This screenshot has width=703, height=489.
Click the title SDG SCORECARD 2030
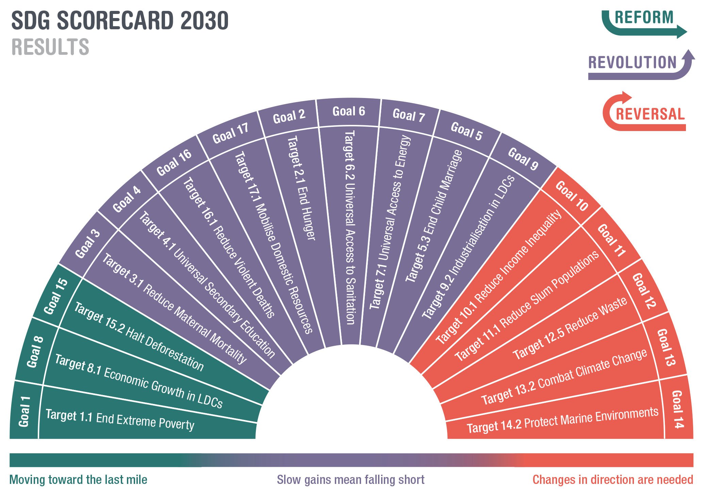pyautogui.click(x=120, y=20)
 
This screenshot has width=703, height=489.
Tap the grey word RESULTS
pyautogui.click(x=50, y=47)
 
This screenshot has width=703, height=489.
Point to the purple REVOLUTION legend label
pyautogui.click(x=632, y=63)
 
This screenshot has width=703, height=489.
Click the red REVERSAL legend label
pyautogui.click(x=650, y=114)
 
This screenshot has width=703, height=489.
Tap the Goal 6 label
pyautogui.click(x=349, y=111)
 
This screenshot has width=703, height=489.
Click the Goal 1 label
pyautogui.click(x=24, y=411)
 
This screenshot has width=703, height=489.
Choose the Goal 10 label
pyautogui.click(x=572, y=196)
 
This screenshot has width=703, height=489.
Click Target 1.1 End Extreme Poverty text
pyautogui.click(x=120, y=420)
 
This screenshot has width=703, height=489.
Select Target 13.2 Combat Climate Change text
pyautogui.click(x=564, y=376)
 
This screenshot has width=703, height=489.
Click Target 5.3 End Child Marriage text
pyautogui.click(x=434, y=216)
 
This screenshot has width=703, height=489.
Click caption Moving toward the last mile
pyautogui.click(x=78, y=480)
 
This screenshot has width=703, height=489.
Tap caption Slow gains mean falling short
pyautogui.click(x=350, y=480)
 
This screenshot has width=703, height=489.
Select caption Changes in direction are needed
pyautogui.click(x=612, y=480)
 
